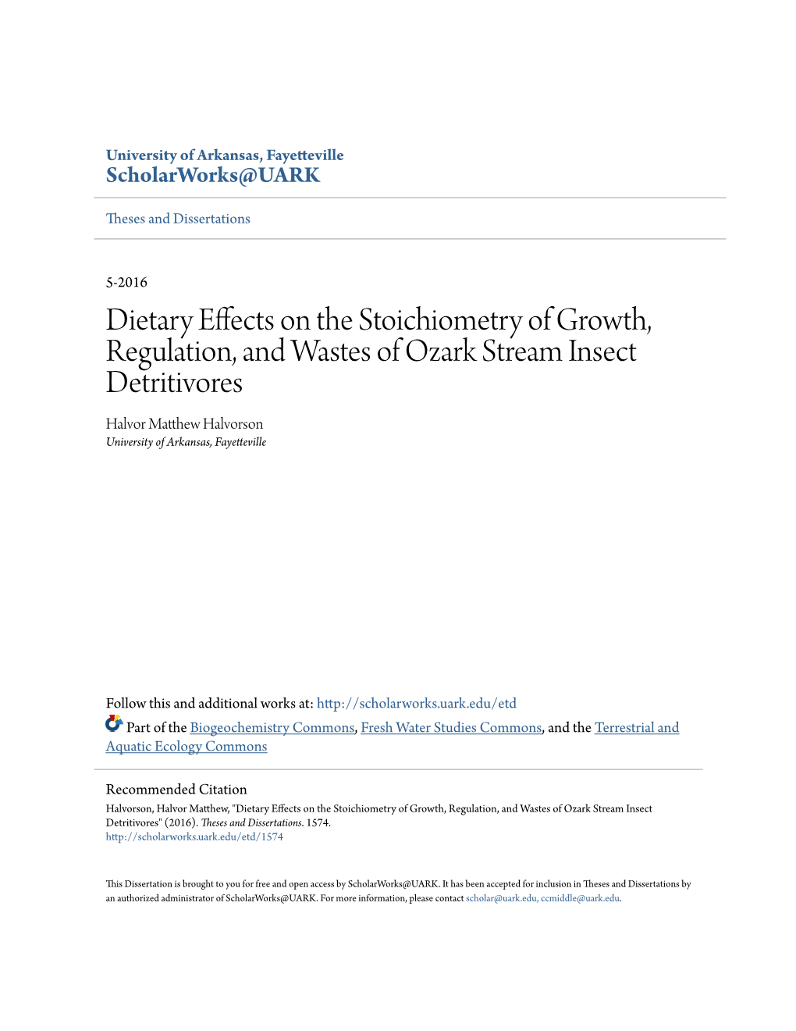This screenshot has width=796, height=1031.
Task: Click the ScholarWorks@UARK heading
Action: tap(212, 176)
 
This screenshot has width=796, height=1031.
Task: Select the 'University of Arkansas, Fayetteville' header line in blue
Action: tap(225, 155)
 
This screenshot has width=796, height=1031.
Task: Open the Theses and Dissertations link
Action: tap(178, 219)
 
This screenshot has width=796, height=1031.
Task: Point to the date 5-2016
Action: tap(126, 282)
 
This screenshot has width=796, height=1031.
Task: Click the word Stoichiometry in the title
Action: tap(439, 320)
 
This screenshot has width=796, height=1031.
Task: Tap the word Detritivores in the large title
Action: tap(174, 383)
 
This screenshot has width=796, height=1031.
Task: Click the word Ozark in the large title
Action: tap(440, 351)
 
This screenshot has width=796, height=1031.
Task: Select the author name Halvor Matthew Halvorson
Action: tap(184, 424)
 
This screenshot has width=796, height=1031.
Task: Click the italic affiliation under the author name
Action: tap(186, 442)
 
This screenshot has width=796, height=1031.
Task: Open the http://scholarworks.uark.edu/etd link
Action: tap(416, 703)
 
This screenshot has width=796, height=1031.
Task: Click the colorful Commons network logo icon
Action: tap(114, 724)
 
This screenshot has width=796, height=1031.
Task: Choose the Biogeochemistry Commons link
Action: tap(272, 727)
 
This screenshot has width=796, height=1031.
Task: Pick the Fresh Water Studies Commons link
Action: tap(450, 727)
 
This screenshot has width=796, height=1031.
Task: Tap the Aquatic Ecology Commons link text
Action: tap(187, 746)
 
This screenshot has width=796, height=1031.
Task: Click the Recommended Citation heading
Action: tap(176, 789)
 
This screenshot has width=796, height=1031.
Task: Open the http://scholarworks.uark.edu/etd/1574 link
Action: tap(194, 837)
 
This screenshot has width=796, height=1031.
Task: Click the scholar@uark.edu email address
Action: tap(501, 898)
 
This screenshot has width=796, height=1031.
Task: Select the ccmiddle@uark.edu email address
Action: tap(580, 898)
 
